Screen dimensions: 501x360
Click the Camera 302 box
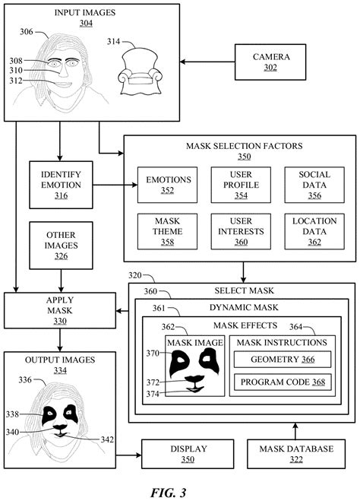tap(270, 61)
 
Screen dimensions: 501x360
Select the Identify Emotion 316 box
tap(61, 184)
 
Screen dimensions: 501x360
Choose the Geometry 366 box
tap(282, 359)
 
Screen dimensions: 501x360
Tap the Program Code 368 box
tap(282, 382)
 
